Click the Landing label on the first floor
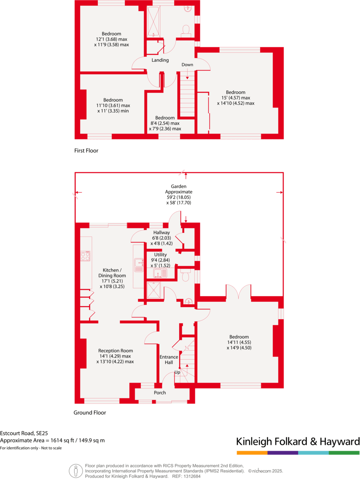point(160,60)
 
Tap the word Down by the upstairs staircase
point(187,65)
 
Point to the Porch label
point(160,393)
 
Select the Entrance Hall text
point(169,360)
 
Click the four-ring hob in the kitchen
point(86,255)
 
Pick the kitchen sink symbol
point(139,262)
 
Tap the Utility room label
point(161,255)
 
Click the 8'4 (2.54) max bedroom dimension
point(165,123)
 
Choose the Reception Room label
point(115,350)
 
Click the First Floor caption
point(86,151)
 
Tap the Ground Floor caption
point(90,413)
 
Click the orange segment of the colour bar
point(252,453)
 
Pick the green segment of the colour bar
point(344,453)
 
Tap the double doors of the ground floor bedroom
point(238,292)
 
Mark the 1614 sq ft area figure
point(62,441)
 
